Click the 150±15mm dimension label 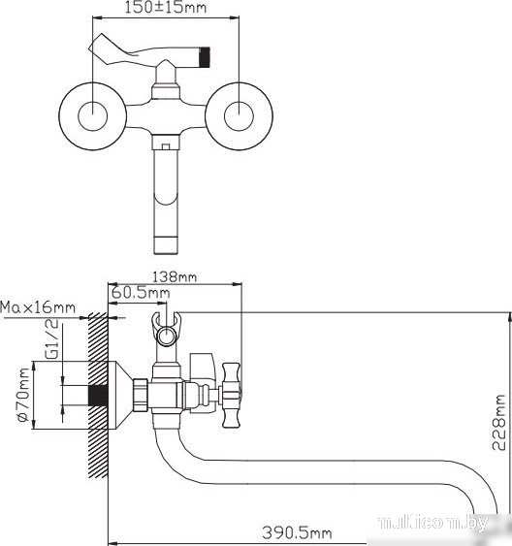[x=165, y=8]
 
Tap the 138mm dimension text [x=175, y=276]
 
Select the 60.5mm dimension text [x=141, y=293]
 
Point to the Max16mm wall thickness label [x=38, y=307]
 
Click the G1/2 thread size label [x=52, y=338]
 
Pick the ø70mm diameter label [x=23, y=395]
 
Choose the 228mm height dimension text [x=498, y=422]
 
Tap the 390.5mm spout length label [x=297, y=532]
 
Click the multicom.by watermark [x=432, y=523]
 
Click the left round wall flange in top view [x=92, y=116]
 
